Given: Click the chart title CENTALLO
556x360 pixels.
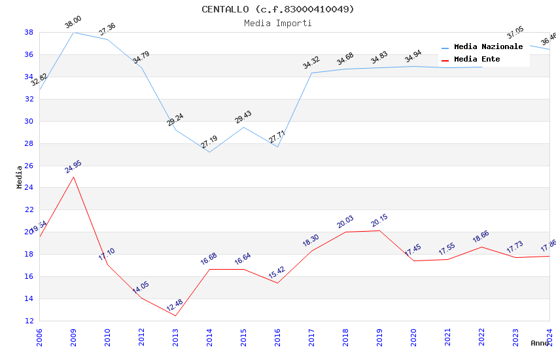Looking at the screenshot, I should point(277,9).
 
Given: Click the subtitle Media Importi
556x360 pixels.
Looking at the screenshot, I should point(277,23).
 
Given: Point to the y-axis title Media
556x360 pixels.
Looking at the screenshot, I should point(20,177).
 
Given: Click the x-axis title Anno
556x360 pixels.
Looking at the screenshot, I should point(540,343).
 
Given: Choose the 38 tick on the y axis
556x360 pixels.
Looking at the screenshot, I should point(29,32).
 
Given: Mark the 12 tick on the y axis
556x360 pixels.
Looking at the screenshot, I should point(29,321).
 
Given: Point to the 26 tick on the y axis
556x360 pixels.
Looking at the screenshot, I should point(29,166).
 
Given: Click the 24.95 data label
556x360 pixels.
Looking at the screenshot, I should point(73,167).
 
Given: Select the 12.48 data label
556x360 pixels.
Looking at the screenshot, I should point(175,306).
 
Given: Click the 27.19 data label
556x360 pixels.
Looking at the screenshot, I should point(209,142).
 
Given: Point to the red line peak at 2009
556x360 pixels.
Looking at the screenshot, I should point(73,177).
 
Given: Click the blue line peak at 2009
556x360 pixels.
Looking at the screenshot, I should point(73,32).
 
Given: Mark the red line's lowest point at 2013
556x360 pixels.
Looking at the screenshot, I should point(175,315).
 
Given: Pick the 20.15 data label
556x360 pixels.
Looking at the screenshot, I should point(379,221).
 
